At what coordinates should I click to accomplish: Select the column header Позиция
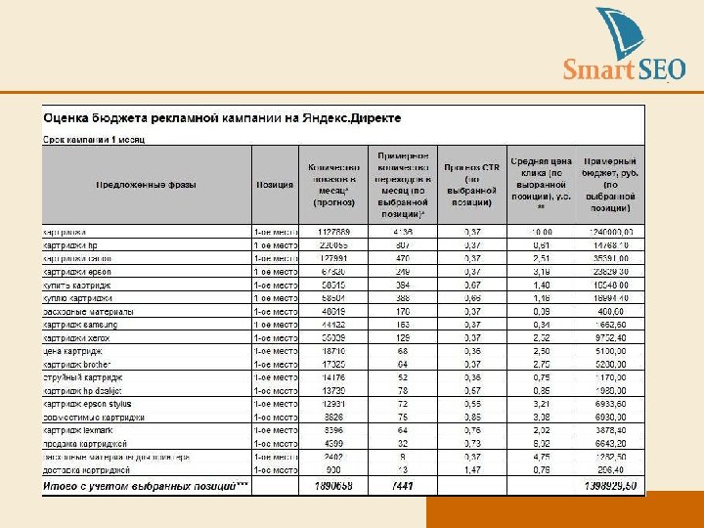coord(273,184)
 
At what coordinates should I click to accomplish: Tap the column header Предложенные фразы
coord(146,184)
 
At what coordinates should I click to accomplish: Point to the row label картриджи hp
coord(70,244)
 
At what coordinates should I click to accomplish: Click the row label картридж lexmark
coord(78,429)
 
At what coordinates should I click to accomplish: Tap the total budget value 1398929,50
coord(610,484)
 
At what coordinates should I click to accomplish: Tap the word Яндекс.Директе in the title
coord(352,118)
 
